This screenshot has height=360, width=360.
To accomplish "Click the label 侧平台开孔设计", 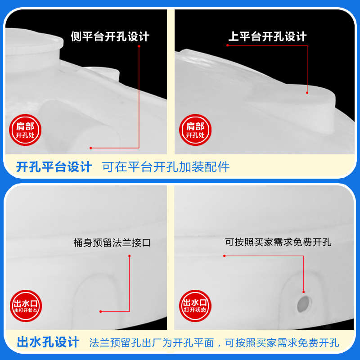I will coord(110,36).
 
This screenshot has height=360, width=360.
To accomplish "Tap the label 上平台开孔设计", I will coord(267,36).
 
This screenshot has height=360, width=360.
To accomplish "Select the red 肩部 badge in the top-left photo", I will coord(22,130).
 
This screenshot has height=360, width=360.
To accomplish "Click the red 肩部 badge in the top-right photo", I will coord(195,130).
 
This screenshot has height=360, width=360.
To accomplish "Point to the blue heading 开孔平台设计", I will coord(54,167).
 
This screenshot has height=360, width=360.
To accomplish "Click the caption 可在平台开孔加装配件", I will coord(166,167).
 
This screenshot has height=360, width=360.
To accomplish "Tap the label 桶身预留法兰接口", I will coord(112,243).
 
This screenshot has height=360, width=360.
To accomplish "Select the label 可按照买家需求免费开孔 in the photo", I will coord(278,242).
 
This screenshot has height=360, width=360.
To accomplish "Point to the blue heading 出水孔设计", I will coord(48,342).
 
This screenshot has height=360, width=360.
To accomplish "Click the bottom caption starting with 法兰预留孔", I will coord(214,342).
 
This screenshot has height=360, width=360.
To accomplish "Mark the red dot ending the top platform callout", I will coord(307,92).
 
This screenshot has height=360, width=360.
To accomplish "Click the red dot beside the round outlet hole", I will coord(304,292).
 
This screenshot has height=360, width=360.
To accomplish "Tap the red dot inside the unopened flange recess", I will coord(101,311).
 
